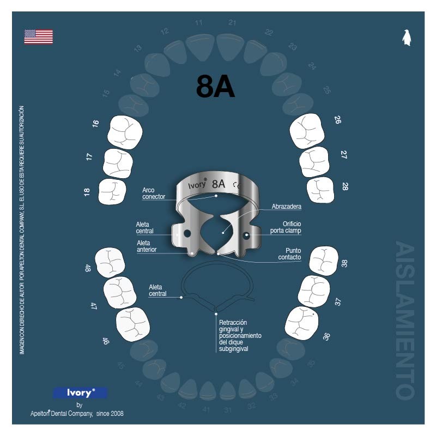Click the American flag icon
[x=38, y=37]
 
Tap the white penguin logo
[x=406, y=38]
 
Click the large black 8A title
[x=216, y=87]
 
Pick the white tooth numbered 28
[x=320, y=190]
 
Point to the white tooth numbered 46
[x=132, y=324]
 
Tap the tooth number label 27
[x=343, y=155]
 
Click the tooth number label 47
[x=94, y=306]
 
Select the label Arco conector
[x=153, y=193]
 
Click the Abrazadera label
[x=287, y=207]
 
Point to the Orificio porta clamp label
[x=285, y=227]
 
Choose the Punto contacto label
[x=289, y=253]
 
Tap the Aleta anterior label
[x=147, y=246]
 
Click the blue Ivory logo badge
[x=80, y=392]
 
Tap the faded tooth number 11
[x=199, y=23]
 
